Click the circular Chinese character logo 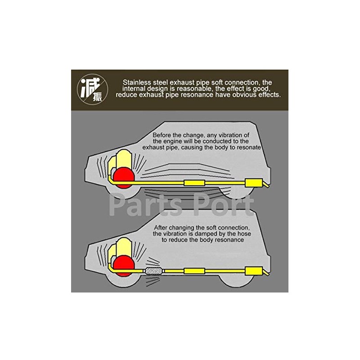tap(92, 90)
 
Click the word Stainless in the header tap(138, 82)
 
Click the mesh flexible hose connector tap(153, 271)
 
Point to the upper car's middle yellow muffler tap(193, 183)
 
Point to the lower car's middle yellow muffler tap(193, 271)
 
